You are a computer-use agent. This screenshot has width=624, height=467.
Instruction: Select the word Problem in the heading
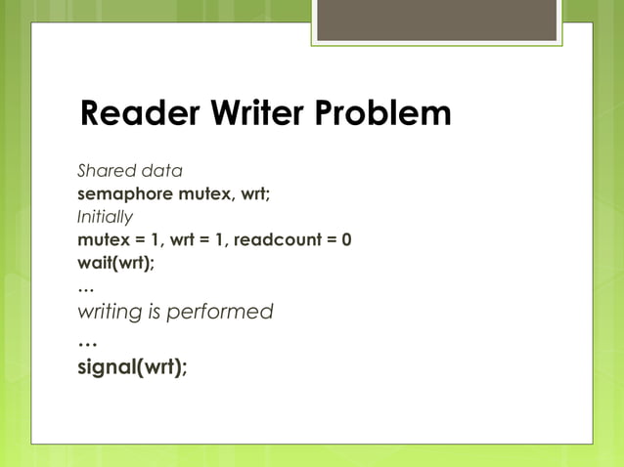pyautogui.click(x=384, y=114)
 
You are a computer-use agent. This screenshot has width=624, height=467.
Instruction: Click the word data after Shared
pyautogui.click(x=160, y=171)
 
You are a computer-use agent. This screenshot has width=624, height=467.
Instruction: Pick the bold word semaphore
pyautogui.click(x=124, y=193)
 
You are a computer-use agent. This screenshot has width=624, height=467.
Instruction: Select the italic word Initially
pyautogui.click(x=105, y=216)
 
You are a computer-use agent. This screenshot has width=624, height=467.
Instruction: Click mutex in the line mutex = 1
pyautogui.click(x=101, y=238)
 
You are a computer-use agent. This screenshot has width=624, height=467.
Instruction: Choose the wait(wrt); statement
pyautogui.click(x=115, y=262)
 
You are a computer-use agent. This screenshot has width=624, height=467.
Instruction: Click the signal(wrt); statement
pyautogui.click(x=133, y=367)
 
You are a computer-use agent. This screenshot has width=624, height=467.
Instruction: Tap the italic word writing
pyautogui.click(x=109, y=313)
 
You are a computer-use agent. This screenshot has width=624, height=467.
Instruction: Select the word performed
pyautogui.click(x=220, y=312)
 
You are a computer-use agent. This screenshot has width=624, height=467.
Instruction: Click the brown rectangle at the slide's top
pyautogui.click(x=436, y=21)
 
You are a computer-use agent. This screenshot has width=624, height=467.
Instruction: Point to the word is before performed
pyautogui.click(x=153, y=312)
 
